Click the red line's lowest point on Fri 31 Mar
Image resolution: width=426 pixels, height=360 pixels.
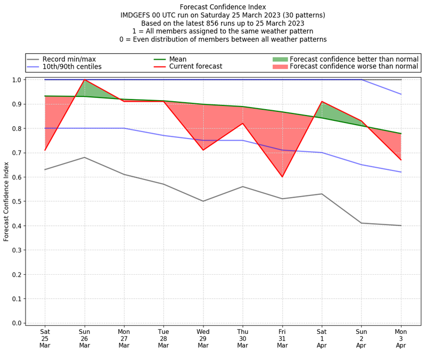tap(282, 177)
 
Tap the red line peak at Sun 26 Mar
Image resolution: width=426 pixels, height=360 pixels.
tap(84, 80)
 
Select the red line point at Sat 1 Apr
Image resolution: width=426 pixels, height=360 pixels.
tap(322, 101)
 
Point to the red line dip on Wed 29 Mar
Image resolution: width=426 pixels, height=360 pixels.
tap(203, 150)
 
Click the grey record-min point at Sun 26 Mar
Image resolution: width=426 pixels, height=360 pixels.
tap(84, 157)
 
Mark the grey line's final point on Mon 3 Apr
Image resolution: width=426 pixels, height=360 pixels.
tap(401, 225)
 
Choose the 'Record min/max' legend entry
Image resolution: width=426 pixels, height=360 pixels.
tap(69, 59)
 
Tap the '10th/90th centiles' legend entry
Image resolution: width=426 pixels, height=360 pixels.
tap(72, 67)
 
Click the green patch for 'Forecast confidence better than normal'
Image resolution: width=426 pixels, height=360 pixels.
tap(280, 59)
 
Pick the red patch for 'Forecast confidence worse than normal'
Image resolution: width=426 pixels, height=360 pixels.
tap(280, 67)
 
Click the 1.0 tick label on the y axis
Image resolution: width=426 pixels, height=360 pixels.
tap(17, 80)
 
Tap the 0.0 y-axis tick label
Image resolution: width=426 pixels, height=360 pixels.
tap(17, 323)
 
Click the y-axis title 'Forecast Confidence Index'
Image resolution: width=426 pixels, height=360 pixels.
tap(7, 201)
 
